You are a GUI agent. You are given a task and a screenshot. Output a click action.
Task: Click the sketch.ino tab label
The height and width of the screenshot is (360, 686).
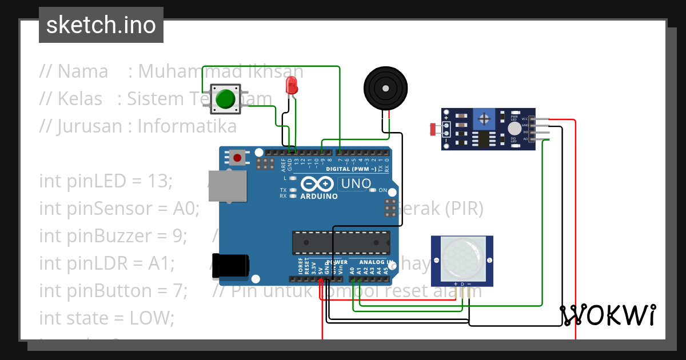tap(101, 25)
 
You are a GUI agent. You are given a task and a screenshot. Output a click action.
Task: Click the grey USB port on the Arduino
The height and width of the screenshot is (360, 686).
tap(227, 186)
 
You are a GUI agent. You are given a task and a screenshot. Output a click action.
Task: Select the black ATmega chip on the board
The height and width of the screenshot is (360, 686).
tap(341, 242)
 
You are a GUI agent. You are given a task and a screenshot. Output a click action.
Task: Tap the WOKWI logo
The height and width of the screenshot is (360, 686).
tap(607, 315)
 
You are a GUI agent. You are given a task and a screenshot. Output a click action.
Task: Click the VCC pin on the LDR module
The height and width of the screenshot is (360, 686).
tap(533, 119)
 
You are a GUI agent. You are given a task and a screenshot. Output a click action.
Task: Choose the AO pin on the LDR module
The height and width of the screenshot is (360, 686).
tap(533, 139)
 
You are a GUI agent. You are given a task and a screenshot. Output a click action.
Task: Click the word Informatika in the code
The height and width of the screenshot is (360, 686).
tap(187, 126)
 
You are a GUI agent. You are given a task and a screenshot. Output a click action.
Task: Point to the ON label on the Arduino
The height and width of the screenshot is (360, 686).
tap(383, 190)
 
